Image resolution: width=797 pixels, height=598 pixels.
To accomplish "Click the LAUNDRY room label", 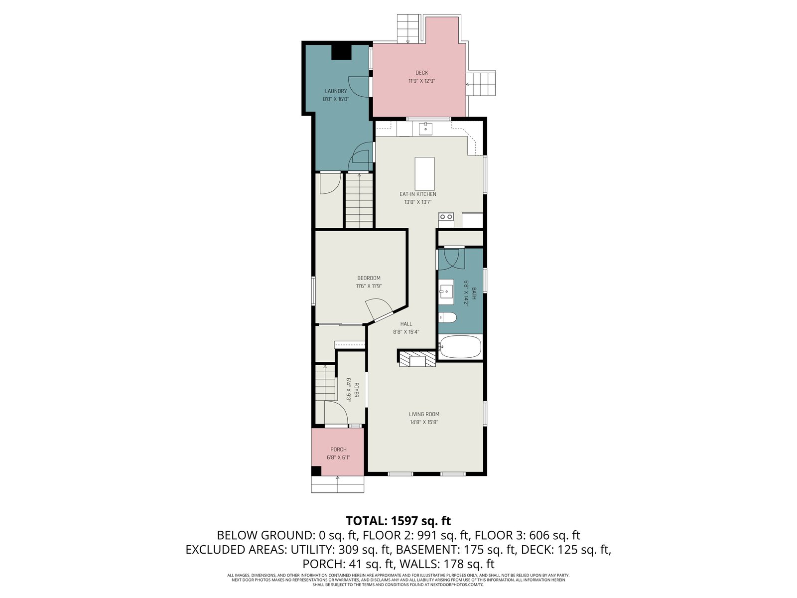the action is [x=336, y=91].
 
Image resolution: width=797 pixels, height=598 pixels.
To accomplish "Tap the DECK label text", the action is [x=421, y=73].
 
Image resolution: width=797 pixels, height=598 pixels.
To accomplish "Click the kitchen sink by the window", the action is [x=425, y=128].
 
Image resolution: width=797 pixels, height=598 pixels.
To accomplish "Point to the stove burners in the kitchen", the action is [x=446, y=217].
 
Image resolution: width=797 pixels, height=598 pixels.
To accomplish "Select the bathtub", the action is [x=460, y=347].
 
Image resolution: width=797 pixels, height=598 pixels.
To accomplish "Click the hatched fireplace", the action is [x=417, y=359].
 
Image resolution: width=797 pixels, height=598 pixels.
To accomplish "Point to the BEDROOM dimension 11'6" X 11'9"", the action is [x=369, y=286].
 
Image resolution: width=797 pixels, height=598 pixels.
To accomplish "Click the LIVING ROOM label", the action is [x=424, y=414].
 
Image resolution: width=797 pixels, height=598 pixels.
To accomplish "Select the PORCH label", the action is [x=338, y=449].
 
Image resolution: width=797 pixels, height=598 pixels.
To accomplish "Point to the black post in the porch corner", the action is [x=316, y=470].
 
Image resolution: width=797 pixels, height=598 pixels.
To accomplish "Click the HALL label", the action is [x=406, y=324].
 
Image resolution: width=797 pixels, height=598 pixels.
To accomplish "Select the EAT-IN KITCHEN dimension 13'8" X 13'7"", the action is [x=417, y=202].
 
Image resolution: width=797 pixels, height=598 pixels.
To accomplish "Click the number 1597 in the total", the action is [x=404, y=521].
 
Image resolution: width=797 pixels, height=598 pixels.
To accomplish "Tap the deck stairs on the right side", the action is [x=481, y=84].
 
